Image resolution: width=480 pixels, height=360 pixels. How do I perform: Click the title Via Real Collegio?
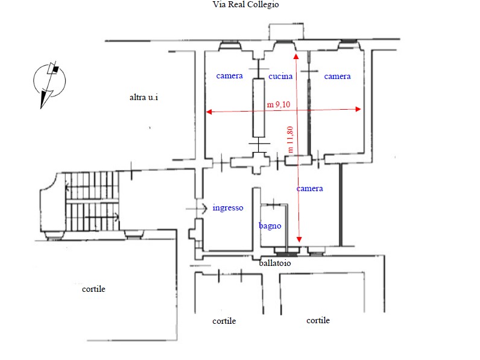(x=246, y=5)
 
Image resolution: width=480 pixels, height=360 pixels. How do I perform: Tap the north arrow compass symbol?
(x=49, y=84)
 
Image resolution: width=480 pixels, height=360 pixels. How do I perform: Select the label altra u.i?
(x=144, y=97)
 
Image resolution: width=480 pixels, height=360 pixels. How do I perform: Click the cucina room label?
(x=280, y=76)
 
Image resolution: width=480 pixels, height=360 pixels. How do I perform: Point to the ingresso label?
(x=228, y=208)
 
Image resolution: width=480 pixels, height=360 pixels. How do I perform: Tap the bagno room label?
(x=270, y=226)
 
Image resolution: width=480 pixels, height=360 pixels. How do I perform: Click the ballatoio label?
(x=275, y=263)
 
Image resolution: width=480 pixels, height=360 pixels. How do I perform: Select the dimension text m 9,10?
(x=279, y=104)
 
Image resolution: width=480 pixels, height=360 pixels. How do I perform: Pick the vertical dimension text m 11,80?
(x=290, y=139)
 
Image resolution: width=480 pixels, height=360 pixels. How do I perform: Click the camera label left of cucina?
(x=229, y=75)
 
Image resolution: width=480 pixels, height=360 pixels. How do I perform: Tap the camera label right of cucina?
(x=337, y=76)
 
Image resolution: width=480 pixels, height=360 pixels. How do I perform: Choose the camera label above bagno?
(x=309, y=188)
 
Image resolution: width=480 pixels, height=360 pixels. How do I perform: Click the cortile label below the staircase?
(x=93, y=289)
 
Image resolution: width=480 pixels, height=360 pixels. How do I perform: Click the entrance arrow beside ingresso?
(x=197, y=209)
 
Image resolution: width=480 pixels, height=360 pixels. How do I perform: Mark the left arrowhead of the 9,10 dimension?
(x=209, y=112)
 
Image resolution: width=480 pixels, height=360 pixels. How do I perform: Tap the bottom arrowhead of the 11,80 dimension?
(x=299, y=239)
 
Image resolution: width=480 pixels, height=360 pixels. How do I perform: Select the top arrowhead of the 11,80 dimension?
(x=296, y=56)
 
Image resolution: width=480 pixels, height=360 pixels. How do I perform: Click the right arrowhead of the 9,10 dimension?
(x=358, y=109)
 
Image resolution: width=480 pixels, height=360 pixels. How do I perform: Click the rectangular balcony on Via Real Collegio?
(x=286, y=31)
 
